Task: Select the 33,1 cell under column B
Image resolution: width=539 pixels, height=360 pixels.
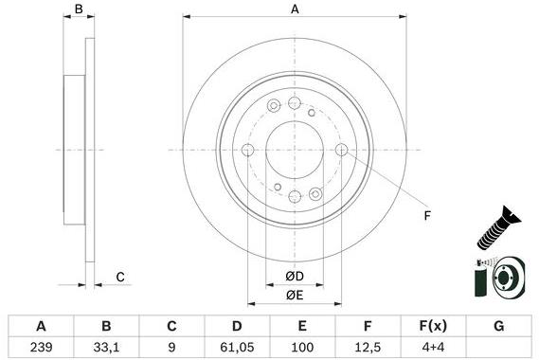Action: (x=107, y=347)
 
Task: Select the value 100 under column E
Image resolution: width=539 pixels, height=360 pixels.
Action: (x=301, y=347)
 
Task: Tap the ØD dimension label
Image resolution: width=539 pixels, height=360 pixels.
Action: (x=295, y=277)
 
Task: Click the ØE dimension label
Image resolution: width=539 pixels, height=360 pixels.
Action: (x=295, y=295)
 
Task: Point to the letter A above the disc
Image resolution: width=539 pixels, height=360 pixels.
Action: (x=295, y=9)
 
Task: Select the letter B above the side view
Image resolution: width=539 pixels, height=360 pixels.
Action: (x=80, y=9)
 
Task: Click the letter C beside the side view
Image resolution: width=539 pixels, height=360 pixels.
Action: (x=120, y=277)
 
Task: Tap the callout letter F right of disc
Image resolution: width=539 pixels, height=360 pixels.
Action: (x=426, y=216)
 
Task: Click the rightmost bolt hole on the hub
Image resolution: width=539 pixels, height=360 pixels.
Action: (x=341, y=150)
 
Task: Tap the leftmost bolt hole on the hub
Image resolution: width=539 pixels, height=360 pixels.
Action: (x=248, y=150)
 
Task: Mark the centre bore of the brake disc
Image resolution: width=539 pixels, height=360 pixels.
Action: (x=295, y=150)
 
